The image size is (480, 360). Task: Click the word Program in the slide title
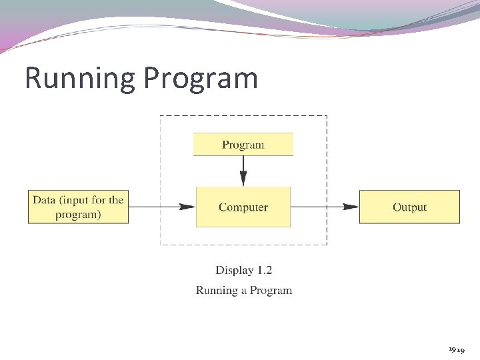point(201,78)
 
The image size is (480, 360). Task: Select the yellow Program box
point(243,145)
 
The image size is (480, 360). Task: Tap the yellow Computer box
point(243,207)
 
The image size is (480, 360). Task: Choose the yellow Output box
point(409,207)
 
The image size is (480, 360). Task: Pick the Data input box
point(78,207)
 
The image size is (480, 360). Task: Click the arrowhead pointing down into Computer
point(243,179)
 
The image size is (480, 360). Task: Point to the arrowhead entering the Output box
point(351,207)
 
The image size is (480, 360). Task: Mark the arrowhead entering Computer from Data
point(187,207)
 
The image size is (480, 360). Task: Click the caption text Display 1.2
point(243,270)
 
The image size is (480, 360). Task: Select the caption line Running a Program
point(243,290)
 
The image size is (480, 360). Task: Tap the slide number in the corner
point(457,349)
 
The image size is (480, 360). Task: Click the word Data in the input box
point(44,199)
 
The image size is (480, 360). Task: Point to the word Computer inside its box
point(243,207)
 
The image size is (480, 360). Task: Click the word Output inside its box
point(409,207)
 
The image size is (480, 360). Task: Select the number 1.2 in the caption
point(264,270)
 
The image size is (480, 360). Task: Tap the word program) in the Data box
point(78,215)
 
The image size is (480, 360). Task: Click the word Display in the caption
point(235,270)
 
